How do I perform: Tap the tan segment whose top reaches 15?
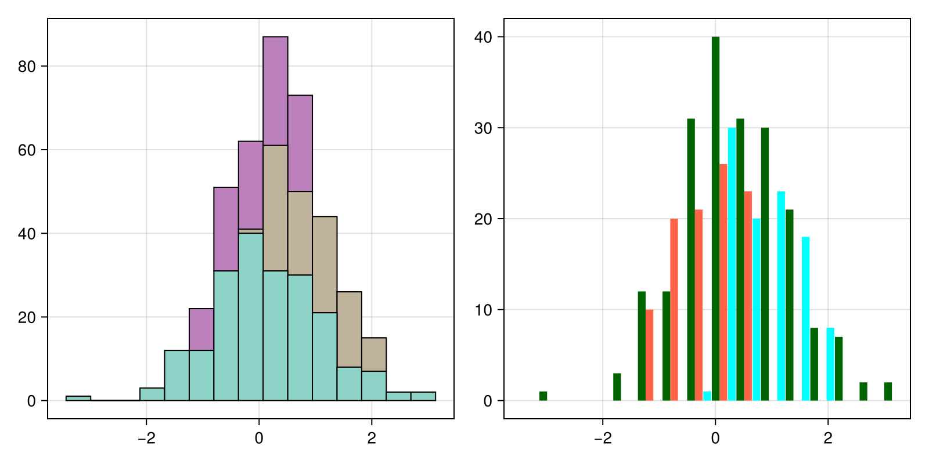374,354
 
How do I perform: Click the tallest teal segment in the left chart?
250,317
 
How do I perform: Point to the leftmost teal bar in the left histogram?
78,398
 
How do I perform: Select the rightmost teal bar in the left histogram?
423,396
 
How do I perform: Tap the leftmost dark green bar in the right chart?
543,396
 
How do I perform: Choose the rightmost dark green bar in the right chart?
888,391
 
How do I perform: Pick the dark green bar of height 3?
617,387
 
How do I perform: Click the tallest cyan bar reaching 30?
732,264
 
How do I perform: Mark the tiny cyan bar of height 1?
707,396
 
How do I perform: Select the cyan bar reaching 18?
805,318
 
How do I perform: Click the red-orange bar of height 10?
650,355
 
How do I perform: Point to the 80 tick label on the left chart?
27,67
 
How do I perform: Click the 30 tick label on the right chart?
483,128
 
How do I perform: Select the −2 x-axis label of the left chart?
146,438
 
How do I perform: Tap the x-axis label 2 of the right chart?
828,438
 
